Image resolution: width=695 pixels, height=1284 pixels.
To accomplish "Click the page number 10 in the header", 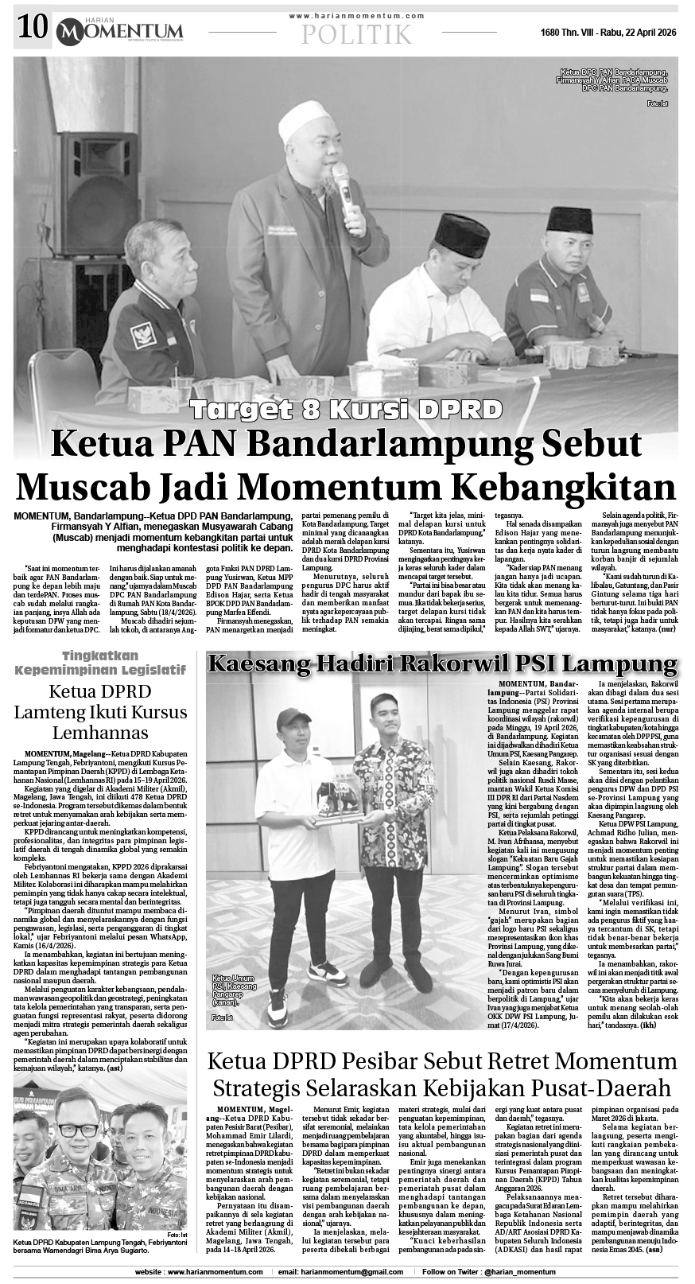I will tap(30, 29).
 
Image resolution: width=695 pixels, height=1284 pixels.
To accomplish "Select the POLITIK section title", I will tap(357, 34).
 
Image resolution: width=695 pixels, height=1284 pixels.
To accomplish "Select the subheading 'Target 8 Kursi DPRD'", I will tap(346, 410).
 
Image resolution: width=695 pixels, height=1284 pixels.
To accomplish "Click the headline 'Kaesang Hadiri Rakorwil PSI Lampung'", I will tap(442, 663).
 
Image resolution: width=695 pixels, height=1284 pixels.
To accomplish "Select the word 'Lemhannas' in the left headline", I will tap(100, 732).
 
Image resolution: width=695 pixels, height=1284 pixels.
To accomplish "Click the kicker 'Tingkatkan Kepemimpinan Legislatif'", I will tap(100, 663).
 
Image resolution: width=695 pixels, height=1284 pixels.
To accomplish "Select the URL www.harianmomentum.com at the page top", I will tap(357, 15).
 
